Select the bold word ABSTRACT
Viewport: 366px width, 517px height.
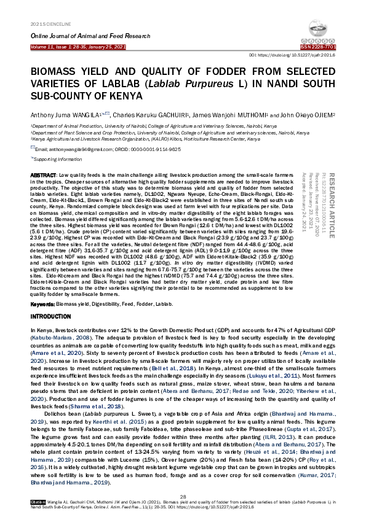tap(44, 176)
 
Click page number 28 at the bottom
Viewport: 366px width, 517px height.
tap(183, 495)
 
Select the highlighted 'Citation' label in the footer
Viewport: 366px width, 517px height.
tap(38, 502)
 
